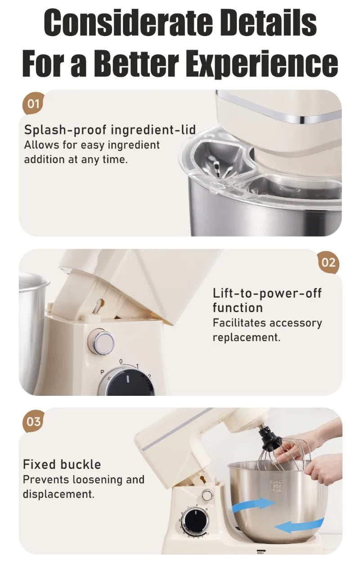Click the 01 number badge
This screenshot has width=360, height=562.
pyautogui.click(x=33, y=104)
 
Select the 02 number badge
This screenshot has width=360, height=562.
pyautogui.click(x=328, y=263)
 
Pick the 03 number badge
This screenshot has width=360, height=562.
pyautogui.click(x=33, y=422)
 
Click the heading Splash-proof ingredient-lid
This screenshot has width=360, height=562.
pyautogui.click(x=110, y=130)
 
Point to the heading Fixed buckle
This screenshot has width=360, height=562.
pyautogui.click(x=62, y=464)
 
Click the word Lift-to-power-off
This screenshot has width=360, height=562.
pyautogui.click(x=267, y=293)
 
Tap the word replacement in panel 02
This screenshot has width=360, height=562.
pyautogui.click(x=246, y=337)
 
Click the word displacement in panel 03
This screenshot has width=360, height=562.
pyautogui.click(x=58, y=494)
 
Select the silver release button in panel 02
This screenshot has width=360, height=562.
pyautogui.click(x=101, y=342)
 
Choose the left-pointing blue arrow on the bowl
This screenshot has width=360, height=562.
pyautogui.click(x=299, y=525)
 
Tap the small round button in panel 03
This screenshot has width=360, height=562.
pyautogui.click(x=207, y=495)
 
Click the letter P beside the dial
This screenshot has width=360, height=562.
pyautogui.click(x=102, y=372)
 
